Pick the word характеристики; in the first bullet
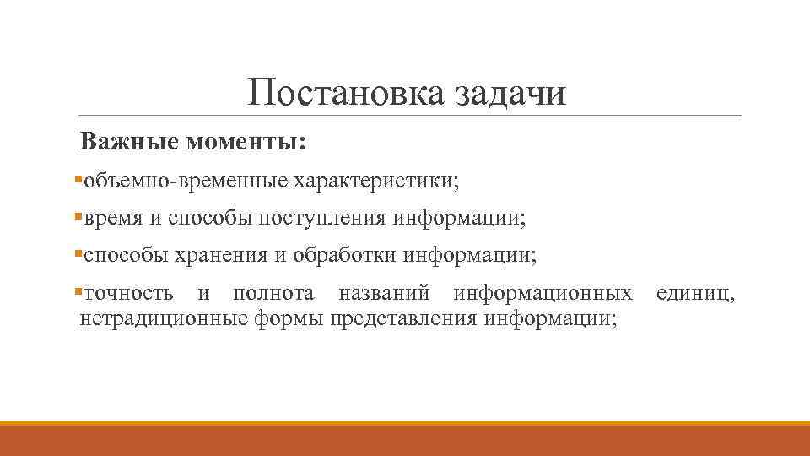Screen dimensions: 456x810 pyautogui.click(x=376, y=181)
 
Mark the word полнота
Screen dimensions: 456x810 pyautogui.click(x=274, y=294)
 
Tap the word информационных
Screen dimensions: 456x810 pyautogui.click(x=543, y=294)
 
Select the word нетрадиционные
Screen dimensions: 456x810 pyautogui.click(x=162, y=318)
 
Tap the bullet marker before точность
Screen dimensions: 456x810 pyautogui.click(x=78, y=292)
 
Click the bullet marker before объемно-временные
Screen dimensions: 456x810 pyautogui.click(x=78, y=179)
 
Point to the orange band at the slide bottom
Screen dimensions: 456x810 pyautogui.click(x=405, y=438)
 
